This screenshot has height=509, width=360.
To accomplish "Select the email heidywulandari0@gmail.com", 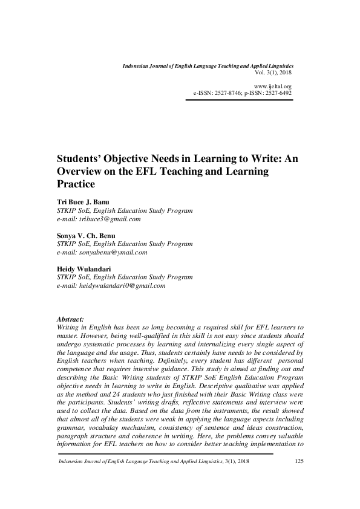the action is (122, 285).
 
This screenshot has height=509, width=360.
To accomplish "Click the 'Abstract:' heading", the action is (70, 318).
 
